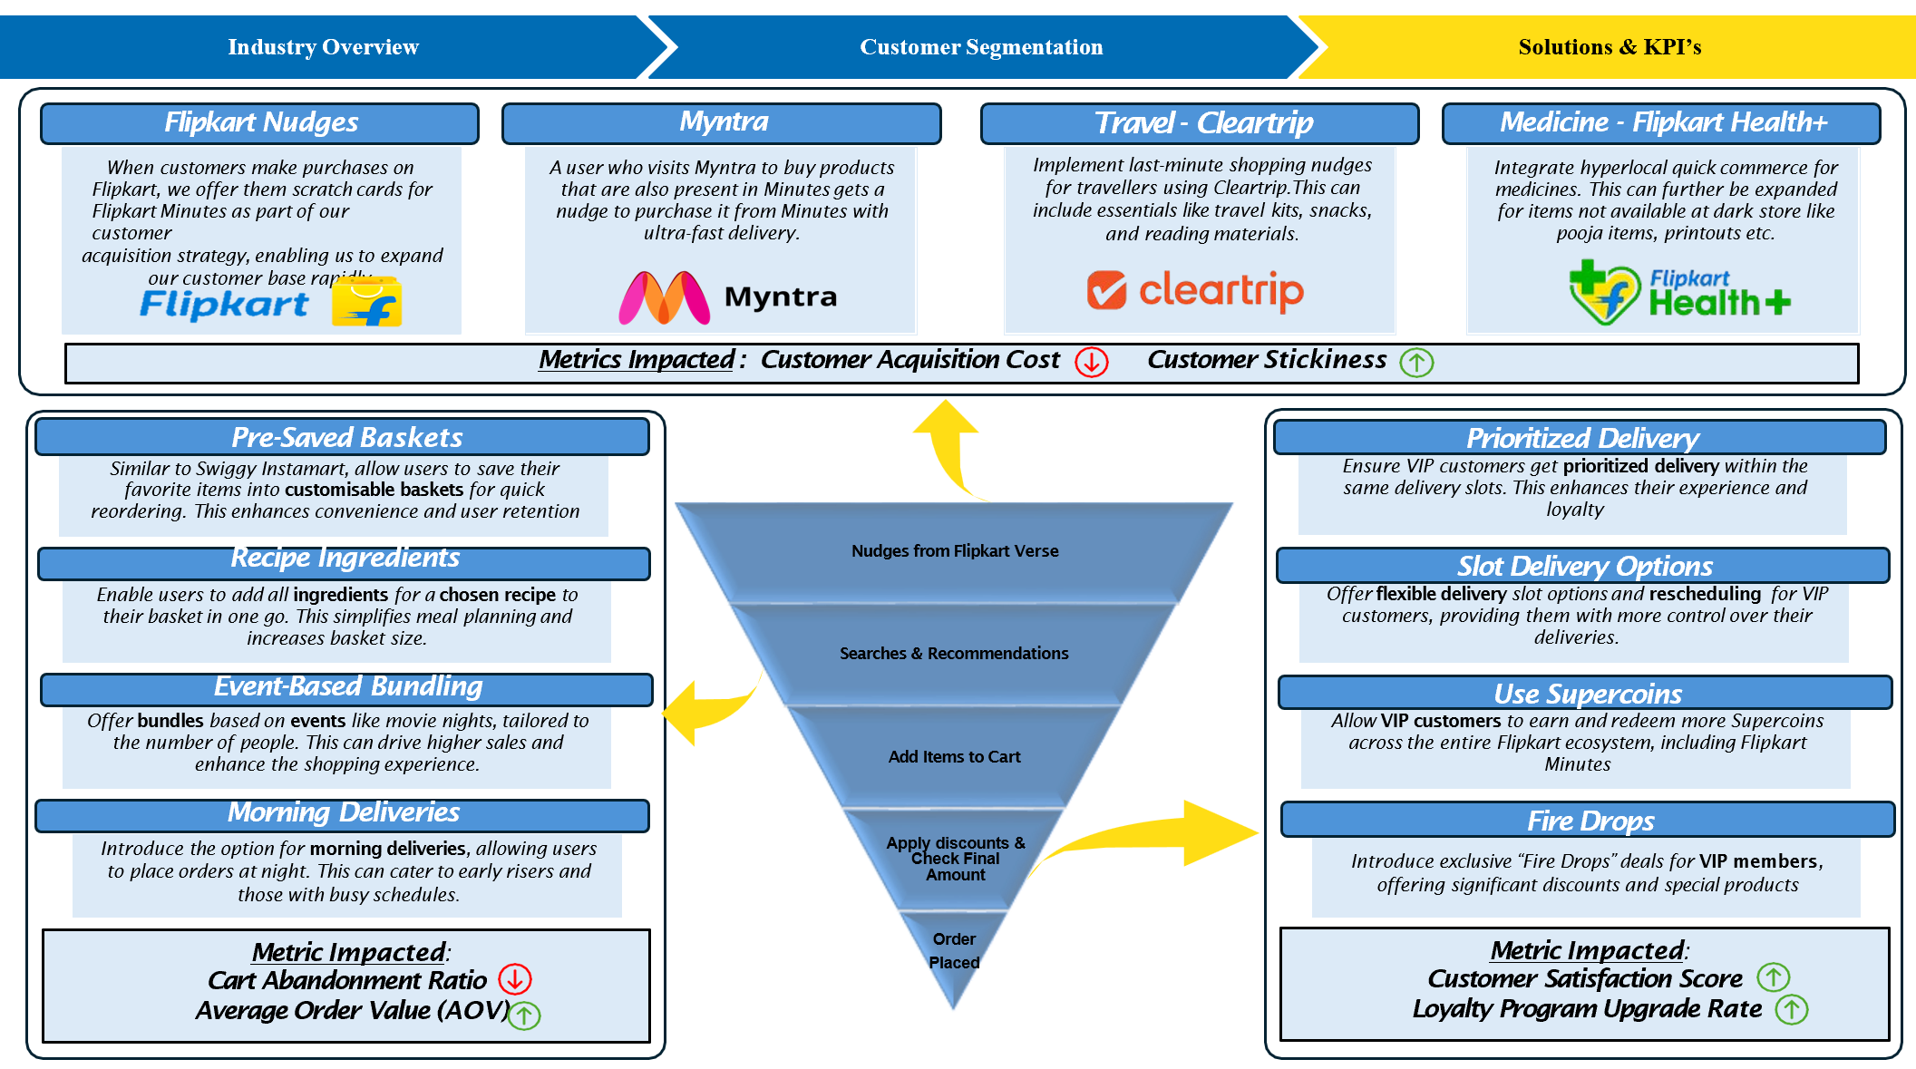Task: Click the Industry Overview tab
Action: click(x=324, y=47)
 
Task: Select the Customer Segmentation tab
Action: click(x=981, y=47)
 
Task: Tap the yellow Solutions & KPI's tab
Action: click(x=1610, y=47)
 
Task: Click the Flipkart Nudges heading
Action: click(x=260, y=122)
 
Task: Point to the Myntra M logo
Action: click(x=664, y=297)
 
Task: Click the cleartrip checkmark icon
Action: click(x=1106, y=290)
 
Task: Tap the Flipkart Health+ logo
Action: click(x=1679, y=293)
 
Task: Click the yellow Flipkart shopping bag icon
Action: click(x=366, y=301)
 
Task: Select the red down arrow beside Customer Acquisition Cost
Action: click(x=1092, y=362)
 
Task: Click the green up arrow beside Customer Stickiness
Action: click(x=1416, y=362)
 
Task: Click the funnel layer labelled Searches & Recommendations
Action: click(x=954, y=653)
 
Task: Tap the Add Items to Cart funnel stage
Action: click(x=954, y=756)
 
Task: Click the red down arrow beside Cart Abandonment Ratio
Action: click(x=515, y=979)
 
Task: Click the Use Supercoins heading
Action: click(x=1586, y=694)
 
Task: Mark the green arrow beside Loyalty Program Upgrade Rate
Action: click(x=1792, y=1009)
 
